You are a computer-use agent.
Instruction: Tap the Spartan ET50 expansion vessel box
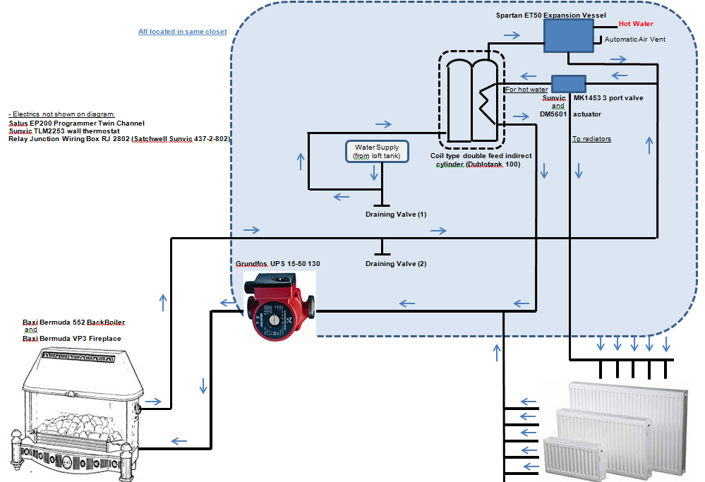pyautogui.click(x=569, y=35)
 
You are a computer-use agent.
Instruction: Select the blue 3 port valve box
pyautogui.click(x=569, y=83)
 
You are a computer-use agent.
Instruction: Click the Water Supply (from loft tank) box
pyautogui.click(x=376, y=151)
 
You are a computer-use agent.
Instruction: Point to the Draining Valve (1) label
pyautogui.click(x=396, y=214)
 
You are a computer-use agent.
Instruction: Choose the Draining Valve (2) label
pyautogui.click(x=396, y=264)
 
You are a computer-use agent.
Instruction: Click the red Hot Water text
pyautogui.click(x=636, y=24)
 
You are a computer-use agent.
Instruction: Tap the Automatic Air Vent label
pyautogui.click(x=635, y=40)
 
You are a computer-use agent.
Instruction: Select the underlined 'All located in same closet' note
pyautogui.click(x=183, y=32)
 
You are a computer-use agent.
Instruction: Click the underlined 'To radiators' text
pyautogui.click(x=591, y=139)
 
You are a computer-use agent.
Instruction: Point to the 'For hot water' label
pyautogui.click(x=526, y=90)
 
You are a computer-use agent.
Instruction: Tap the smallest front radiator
pyautogui.click(x=572, y=457)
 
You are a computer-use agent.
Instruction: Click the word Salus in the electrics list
pyautogui.click(x=19, y=123)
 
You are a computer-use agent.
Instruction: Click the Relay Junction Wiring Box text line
pyautogui.click(x=119, y=139)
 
